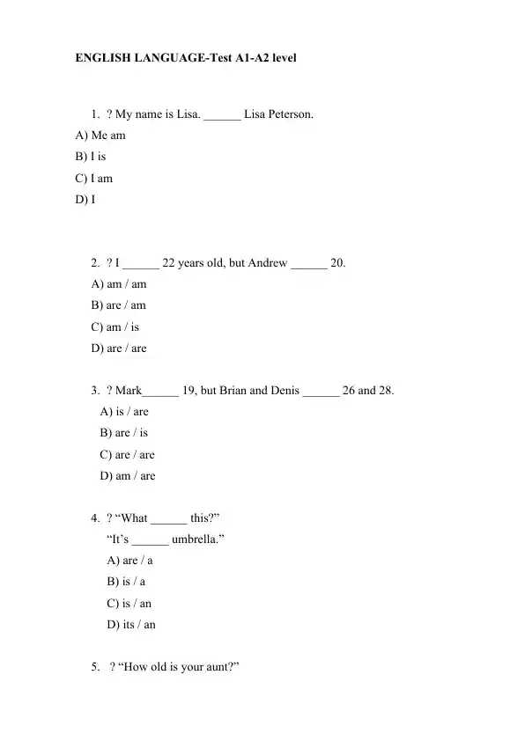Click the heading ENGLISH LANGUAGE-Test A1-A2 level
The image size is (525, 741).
pyautogui.click(x=186, y=58)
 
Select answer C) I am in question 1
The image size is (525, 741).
pyautogui.click(x=94, y=178)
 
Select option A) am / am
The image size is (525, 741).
pyautogui.click(x=119, y=284)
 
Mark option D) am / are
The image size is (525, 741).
pyautogui.click(x=128, y=475)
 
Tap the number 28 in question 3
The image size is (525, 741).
pyautogui.click(x=386, y=390)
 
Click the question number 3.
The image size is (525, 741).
pyautogui.click(x=94, y=390)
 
